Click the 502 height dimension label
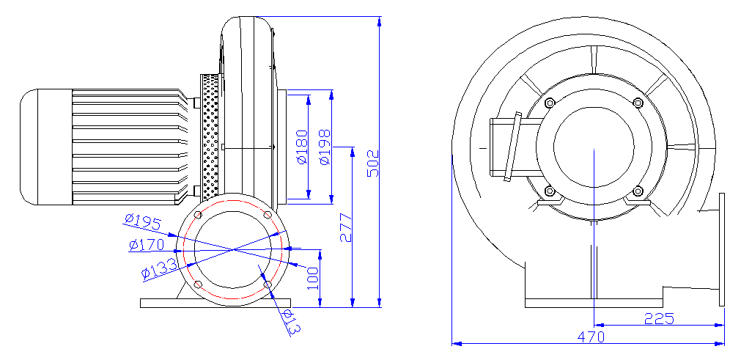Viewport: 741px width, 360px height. pyautogui.click(x=373, y=164)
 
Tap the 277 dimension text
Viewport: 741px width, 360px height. pyautogui.click(x=346, y=228)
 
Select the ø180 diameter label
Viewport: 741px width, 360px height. pyautogui.click(x=302, y=147)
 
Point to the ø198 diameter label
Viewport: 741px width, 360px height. pyautogui.click(x=325, y=147)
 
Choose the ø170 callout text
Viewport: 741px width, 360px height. pyautogui.click(x=146, y=245)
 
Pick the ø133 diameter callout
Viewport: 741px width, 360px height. pyautogui.click(x=159, y=268)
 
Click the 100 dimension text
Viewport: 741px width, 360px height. pyautogui.click(x=313, y=279)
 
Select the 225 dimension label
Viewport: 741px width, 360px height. pyautogui.click(x=659, y=319)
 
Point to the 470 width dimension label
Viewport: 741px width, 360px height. pyautogui.click(x=591, y=337)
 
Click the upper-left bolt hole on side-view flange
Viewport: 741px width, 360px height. pyautogui.click(x=198, y=215)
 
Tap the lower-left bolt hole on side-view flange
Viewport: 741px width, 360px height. pyautogui.click(x=198, y=284)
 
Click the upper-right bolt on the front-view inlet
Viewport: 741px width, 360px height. pyautogui.click(x=638, y=103)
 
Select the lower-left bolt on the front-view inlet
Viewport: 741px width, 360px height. pyautogui.click(x=550, y=191)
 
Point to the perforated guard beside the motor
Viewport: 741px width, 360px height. pyautogui.click(x=210, y=136)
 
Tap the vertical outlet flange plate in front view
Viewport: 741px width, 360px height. pyautogui.click(x=722, y=249)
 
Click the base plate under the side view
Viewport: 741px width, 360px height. pyautogui.click(x=215, y=303)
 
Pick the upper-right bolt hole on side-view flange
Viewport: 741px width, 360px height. pyautogui.click(x=268, y=215)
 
